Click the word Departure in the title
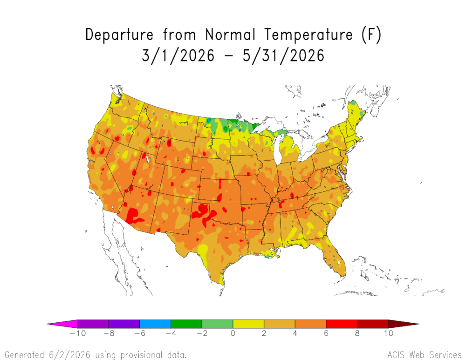tap(119, 34)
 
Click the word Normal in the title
tap(230, 34)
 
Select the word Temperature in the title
tap(308, 34)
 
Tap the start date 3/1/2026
tap(178, 55)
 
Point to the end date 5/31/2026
tap(283, 55)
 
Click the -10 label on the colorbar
tap(78, 333)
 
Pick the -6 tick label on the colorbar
tap(140, 333)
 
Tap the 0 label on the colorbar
tap(233, 333)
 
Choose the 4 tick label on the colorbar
tap(295, 333)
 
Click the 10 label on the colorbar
tap(389, 333)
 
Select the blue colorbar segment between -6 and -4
tap(156, 324)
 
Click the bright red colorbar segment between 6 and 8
tap(342, 324)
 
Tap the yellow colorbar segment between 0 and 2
tap(248, 324)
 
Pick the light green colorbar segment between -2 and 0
tap(218, 324)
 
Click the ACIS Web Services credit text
tap(425, 355)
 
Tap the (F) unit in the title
tap(371, 34)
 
